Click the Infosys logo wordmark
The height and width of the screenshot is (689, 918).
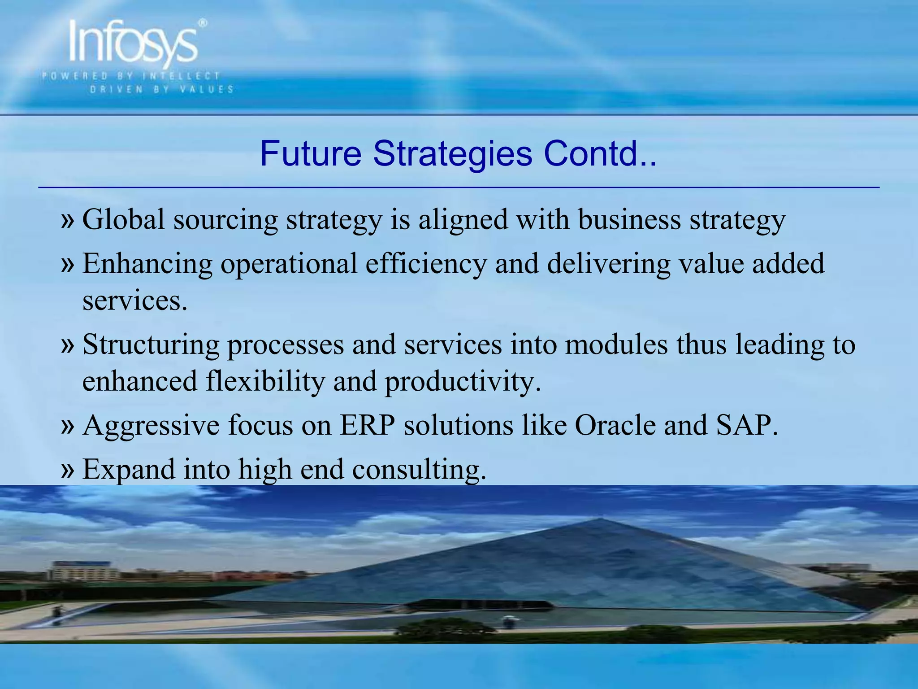click(132, 44)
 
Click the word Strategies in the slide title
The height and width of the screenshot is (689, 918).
click(452, 154)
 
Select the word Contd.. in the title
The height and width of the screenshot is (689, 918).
click(600, 154)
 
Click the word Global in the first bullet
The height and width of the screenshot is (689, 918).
click(124, 220)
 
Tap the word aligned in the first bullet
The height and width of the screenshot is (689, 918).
click(463, 220)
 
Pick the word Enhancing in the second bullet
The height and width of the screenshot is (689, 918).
click(147, 264)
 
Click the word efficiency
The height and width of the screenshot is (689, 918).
click(425, 264)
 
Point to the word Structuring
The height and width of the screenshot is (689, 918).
click(151, 344)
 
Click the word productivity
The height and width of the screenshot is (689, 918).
click(463, 381)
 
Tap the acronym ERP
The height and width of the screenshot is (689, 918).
click(367, 425)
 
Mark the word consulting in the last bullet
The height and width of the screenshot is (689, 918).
click(419, 469)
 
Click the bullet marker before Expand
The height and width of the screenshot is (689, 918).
click(67, 469)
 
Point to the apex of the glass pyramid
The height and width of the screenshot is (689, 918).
click(599, 519)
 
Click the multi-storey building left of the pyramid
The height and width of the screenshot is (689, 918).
click(81, 571)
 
